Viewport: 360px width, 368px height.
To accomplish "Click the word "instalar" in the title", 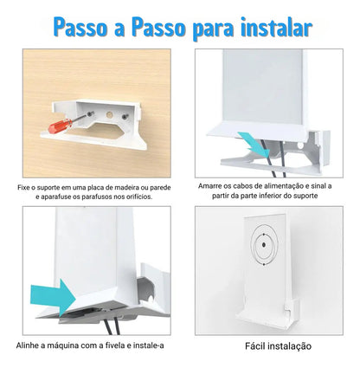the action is coord(276,28).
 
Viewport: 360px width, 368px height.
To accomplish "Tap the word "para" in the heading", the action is coord(213,30).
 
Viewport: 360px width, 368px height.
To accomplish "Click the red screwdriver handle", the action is coord(60,126).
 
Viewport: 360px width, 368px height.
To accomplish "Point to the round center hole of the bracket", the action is coord(109,115).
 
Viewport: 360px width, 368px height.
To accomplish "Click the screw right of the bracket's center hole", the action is coord(125,117).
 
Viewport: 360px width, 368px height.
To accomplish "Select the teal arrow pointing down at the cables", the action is coord(253,144).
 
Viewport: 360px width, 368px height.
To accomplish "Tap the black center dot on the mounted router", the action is coord(264,245).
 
